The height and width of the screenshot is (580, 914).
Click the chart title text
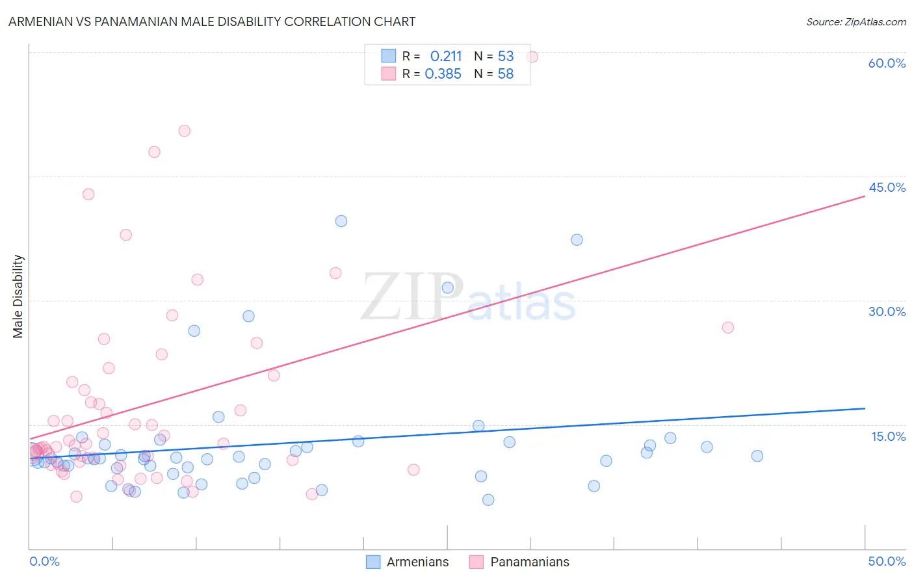pyautogui.click(x=212, y=21)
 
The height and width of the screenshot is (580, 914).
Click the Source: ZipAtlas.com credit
pyautogui.click(x=855, y=22)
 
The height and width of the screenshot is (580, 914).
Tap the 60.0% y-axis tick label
pyautogui.click(x=887, y=63)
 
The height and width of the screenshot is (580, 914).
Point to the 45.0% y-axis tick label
pyautogui.click(x=887, y=187)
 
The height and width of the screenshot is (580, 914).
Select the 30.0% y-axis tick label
pyautogui.click(x=887, y=311)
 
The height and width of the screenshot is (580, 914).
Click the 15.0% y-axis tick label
pyautogui.click(x=888, y=436)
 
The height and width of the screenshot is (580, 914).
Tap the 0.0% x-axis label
pyautogui.click(x=44, y=561)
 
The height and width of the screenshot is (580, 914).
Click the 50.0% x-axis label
pyautogui.click(x=887, y=561)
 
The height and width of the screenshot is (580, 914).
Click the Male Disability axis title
pyautogui.click(x=18, y=296)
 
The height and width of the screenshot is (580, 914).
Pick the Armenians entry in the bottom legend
pyautogui.click(x=417, y=562)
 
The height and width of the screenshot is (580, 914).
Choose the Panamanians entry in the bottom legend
pyautogui.click(x=529, y=562)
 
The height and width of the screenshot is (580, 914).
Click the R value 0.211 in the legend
pyautogui.click(x=446, y=57)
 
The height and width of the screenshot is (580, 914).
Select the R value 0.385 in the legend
pyautogui.click(x=443, y=74)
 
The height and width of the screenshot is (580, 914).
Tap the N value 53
pyautogui.click(x=506, y=57)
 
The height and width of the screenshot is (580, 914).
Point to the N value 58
pyautogui.click(x=506, y=74)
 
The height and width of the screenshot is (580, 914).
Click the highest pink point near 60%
pyautogui.click(x=532, y=57)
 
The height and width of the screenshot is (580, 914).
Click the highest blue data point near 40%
pyautogui.click(x=341, y=221)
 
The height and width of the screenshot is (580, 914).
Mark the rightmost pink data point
pyautogui.click(x=728, y=328)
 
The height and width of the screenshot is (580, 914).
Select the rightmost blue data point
pyautogui.click(x=757, y=456)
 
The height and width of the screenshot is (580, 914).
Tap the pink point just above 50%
pyautogui.click(x=185, y=131)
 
